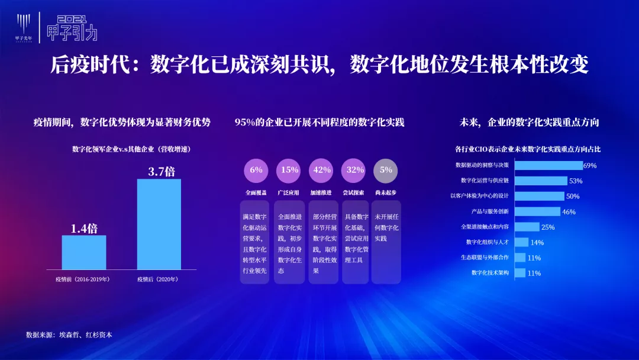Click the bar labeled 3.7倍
pyautogui.click(x=159, y=224)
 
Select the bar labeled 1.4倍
pyautogui.click(x=84, y=252)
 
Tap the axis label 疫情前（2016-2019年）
pyautogui.click(x=83, y=279)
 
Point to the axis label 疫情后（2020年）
pyautogui.click(x=158, y=279)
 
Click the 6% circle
pyautogui.click(x=256, y=171)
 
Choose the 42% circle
pyautogui.click(x=321, y=171)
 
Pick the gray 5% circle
pyautogui.click(x=386, y=171)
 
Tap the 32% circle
pyautogui.click(x=353, y=171)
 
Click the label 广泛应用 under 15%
pyautogui.click(x=288, y=192)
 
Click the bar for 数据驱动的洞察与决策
pyautogui.click(x=548, y=165)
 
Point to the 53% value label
pyautogui.click(x=576, y=181)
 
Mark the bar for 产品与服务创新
pyautogui.click(x=537, y=211)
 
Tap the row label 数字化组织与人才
pyautogui.click(x=488, y=242)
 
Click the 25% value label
pyautogui.click(x=548, y=227)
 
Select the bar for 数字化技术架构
pyautogui.click(x=520, y=273)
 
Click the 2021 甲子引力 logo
pyautogui.click(x=72, y=28)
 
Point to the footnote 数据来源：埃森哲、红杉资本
pyautogui.click(x=69, y=335)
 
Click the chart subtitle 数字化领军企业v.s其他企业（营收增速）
pyautogui.click(x=131, y=149)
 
